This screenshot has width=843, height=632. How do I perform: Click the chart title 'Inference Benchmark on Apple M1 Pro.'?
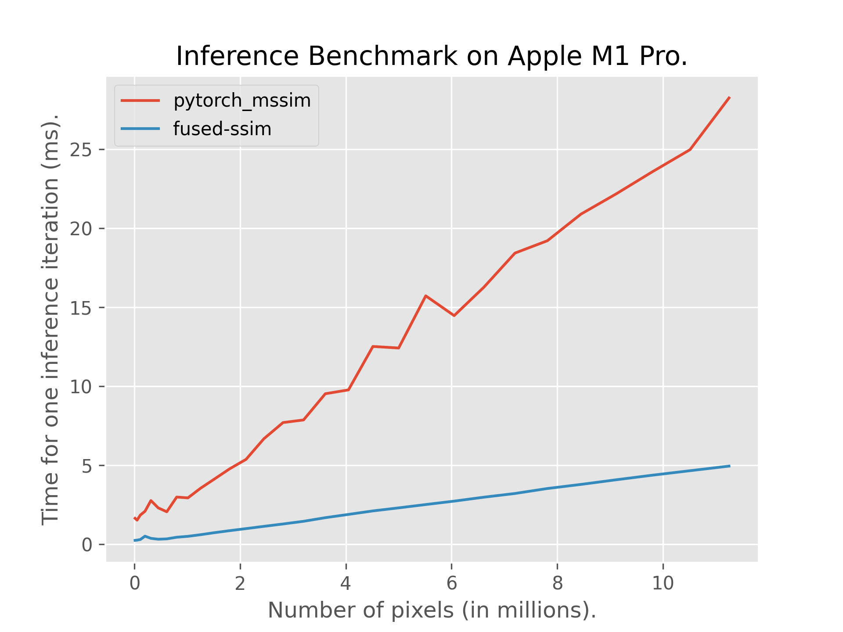click(432, 57)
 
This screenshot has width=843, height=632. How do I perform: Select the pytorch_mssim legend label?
click(242, 101)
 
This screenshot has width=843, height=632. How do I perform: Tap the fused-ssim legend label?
click(222, 129)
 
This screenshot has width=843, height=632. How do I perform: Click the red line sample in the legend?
click(140, 101)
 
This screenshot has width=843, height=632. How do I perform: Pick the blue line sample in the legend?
click(140, 129)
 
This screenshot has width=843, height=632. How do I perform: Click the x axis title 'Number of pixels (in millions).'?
click(432, 610)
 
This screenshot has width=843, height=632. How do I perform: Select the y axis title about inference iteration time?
click(50, 319)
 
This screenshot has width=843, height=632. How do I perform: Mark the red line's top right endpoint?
click(729, 97)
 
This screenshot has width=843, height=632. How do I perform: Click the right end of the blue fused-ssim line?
click(729, 466)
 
